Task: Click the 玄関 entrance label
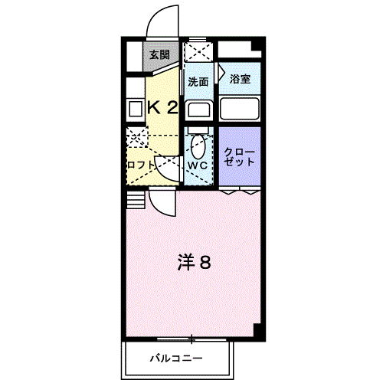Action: click(x=159, y=54)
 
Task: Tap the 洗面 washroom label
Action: click(x=198, y=82)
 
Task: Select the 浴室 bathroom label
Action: click(x=240, y=79)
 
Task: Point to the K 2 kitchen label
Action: click(x=162, y=107)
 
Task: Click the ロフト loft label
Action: click(x=141, y=165)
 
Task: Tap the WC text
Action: click(x=198, y=165)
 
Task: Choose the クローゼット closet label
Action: click(x=240, y=157)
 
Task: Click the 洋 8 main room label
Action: click(x=194, y=263)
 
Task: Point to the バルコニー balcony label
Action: click(x=176, y=358)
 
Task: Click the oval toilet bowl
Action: click(x=198, y=146)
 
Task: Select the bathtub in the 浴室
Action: click(x=240, y=109)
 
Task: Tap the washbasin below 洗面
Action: click(x=199, y=109)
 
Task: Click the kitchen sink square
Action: click(x=135, y=110)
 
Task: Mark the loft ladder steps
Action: click(x=136, y=200)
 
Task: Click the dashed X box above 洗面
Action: click(x=198, y=52)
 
